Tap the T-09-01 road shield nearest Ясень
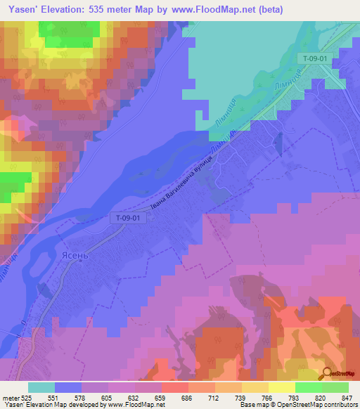129,218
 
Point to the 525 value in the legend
27,397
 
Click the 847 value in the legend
339,397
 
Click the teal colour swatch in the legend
41,387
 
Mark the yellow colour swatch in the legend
281,387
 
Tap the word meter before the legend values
9,397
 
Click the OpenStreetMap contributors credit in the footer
321,405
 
